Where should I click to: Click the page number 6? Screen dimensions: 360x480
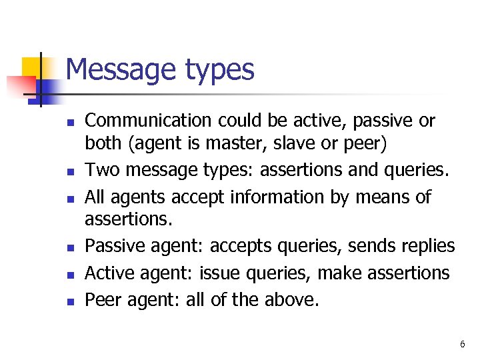click(462, 344)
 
